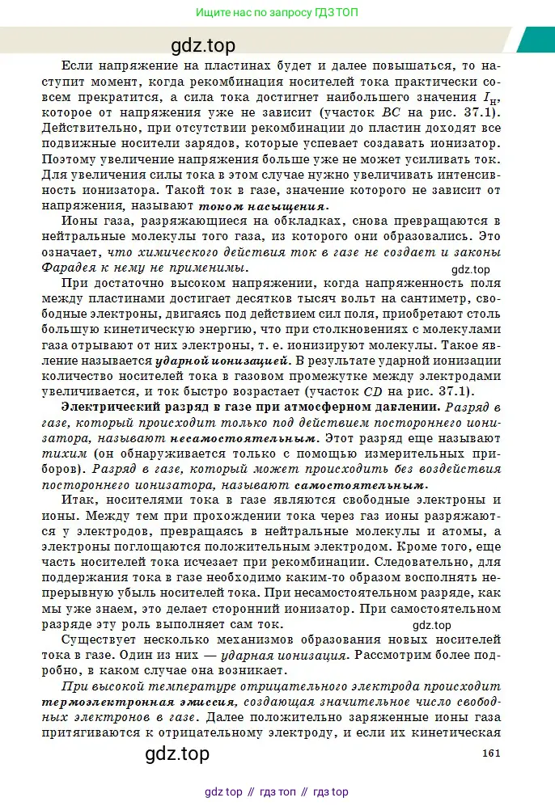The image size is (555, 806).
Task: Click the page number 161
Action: click(492, 753)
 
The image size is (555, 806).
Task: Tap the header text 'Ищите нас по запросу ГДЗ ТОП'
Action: click(277, 13)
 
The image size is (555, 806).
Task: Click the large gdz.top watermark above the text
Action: click(203, 46)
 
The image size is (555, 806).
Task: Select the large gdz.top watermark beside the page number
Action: click(177, 753)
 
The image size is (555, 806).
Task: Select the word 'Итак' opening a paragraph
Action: click(79, 500)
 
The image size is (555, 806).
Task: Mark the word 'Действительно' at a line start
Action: click(91, 128)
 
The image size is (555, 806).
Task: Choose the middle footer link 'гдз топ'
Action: click(277, 791)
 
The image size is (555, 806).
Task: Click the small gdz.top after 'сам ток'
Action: click(431, 625)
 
